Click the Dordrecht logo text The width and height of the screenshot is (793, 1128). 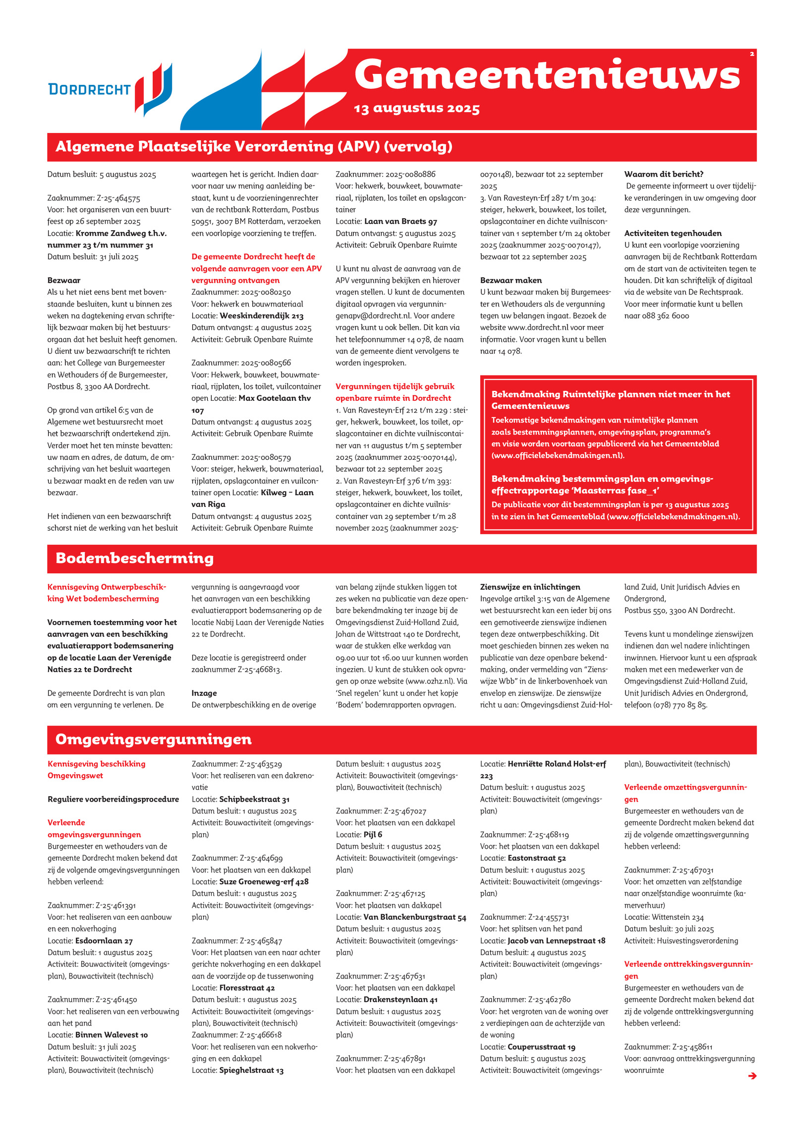pos(89,89)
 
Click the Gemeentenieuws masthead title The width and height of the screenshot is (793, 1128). pos(547,75)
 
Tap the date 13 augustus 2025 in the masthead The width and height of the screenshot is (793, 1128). pos(416,109)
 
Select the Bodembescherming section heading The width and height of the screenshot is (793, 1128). pos(134,558)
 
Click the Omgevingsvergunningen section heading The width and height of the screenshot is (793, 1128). pos(153,739)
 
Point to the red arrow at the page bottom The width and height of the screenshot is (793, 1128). pos(752,1075)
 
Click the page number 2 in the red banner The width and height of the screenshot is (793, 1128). pos(751,54)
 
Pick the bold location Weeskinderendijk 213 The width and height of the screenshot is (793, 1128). pos(261,316)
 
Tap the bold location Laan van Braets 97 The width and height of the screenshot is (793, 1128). pos(400,222)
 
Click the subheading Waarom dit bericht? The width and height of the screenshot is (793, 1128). pos(664,174)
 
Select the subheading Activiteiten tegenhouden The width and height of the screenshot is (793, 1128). pos(673,233)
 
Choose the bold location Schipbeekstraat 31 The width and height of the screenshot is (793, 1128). pos(254,799)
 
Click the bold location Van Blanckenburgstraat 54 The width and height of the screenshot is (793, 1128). pos(415,917)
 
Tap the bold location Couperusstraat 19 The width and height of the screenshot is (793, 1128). pos(541,1047)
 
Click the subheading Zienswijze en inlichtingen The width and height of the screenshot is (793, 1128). pos(530,587)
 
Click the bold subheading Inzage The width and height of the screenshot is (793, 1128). pos(204,693)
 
